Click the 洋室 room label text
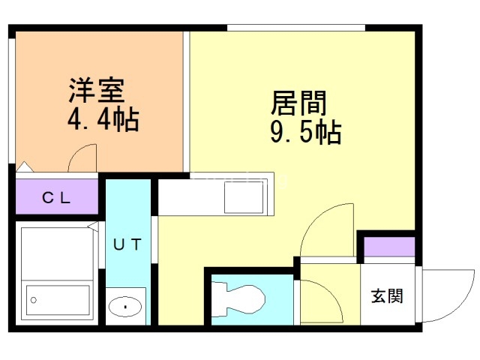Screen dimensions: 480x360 point(97,90)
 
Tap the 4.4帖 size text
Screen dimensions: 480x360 point(103,120)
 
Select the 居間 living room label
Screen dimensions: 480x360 point(298,103)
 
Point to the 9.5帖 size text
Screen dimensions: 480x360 point(305,132)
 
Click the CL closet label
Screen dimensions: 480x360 point(56,198)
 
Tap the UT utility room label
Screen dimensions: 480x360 point(127,244)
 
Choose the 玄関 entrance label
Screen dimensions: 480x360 point(387,296)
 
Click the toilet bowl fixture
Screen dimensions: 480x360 point(238,299)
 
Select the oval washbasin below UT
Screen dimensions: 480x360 point(125,307)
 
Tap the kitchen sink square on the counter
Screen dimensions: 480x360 point(244,197)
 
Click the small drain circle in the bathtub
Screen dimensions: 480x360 point(34,300)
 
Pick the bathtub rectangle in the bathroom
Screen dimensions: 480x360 point(58,300)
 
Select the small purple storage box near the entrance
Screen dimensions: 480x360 point(389,247)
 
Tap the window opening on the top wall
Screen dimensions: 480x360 point(296,28)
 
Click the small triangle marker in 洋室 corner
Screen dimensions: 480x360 point(25,166)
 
